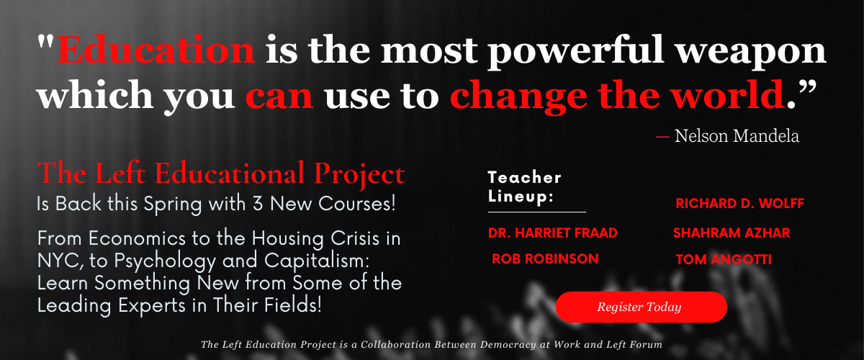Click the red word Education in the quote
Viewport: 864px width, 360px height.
[x=156, y=50]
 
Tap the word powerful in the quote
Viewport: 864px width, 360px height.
[x=576, y=52]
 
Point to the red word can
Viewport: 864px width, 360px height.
[x=279, y=96]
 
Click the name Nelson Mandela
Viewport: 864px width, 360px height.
[x=737, y=136]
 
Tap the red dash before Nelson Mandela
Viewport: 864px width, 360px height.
[x=662, y=137]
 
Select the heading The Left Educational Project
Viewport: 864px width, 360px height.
[x=220, y=174]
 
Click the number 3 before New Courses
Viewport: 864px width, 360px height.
[x=258, y=204]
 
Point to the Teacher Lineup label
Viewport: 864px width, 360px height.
[x=525, y=186]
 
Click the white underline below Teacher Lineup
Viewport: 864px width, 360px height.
[x=537, y=212]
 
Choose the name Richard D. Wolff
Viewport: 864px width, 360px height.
[x=740, y=203]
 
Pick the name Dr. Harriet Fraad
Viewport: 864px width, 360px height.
[x=553, y=233]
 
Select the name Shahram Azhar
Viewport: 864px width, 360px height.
[x=732, y=233]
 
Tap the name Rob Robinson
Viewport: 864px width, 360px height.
[x=546, y=258]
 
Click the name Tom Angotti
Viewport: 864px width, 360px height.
[x=724, y=259]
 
